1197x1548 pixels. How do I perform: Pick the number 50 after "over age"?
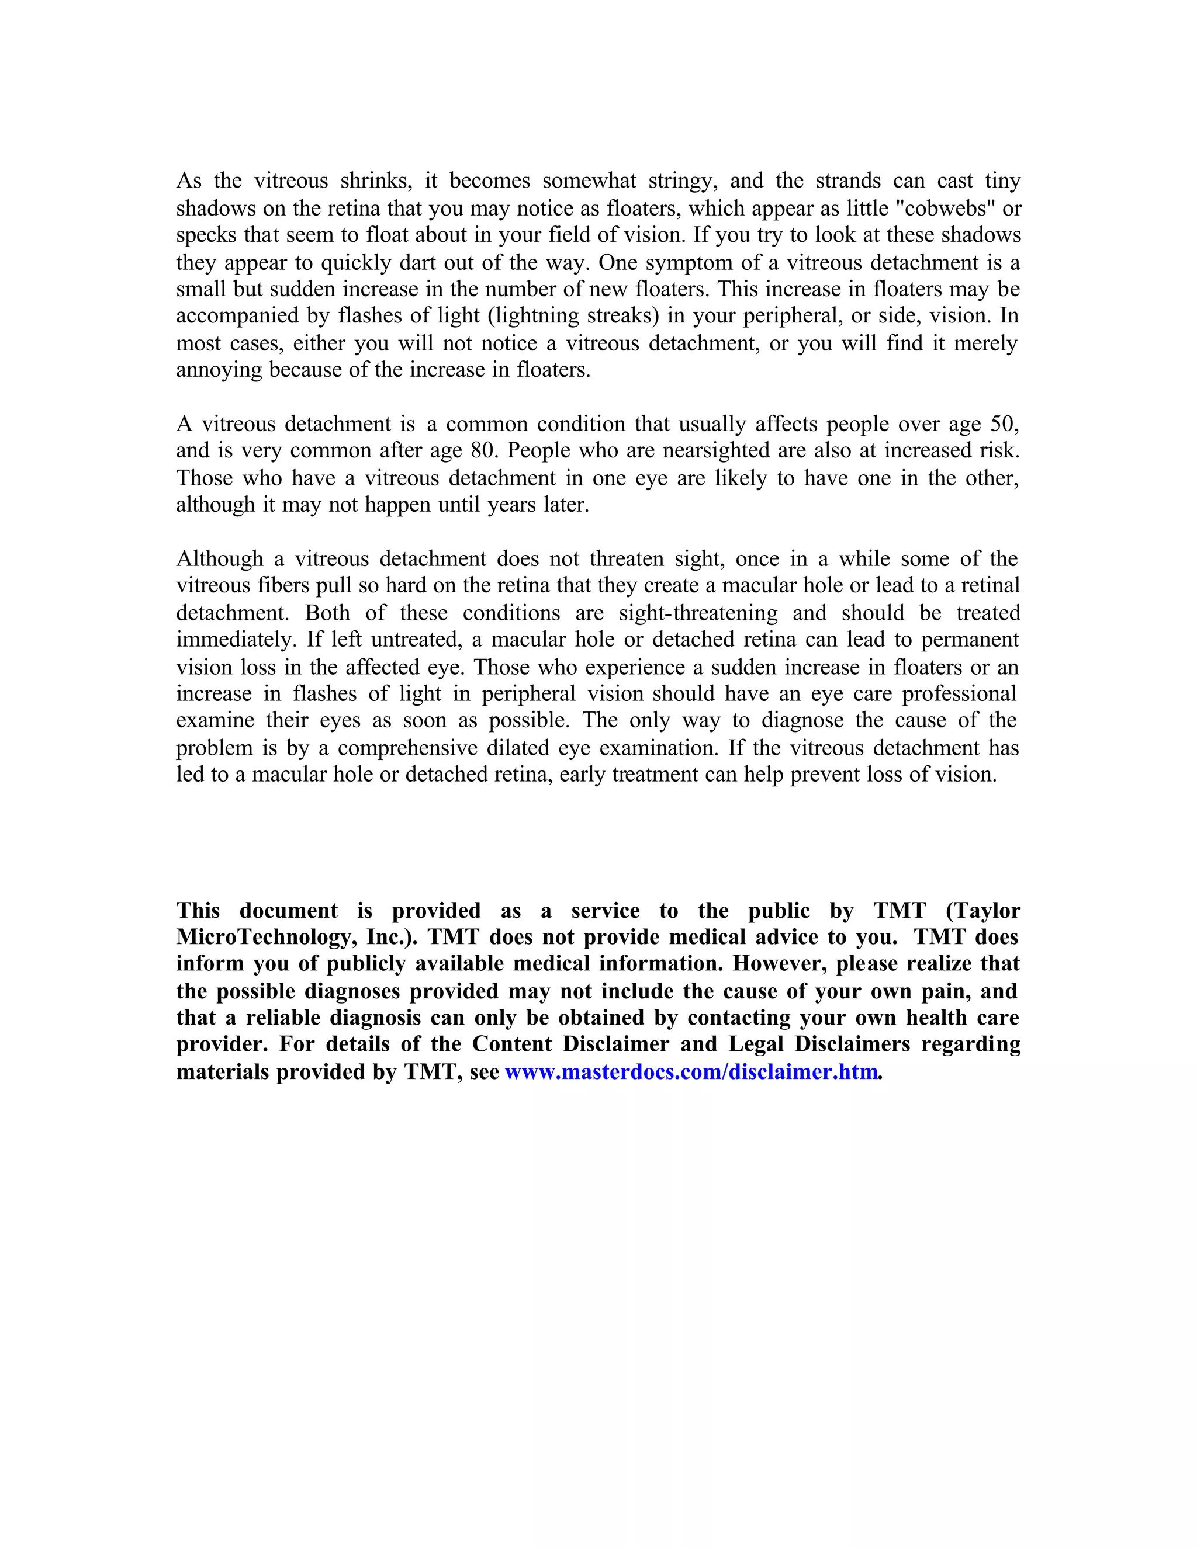1004,425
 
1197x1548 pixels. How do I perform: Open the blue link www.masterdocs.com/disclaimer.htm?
691,1072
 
